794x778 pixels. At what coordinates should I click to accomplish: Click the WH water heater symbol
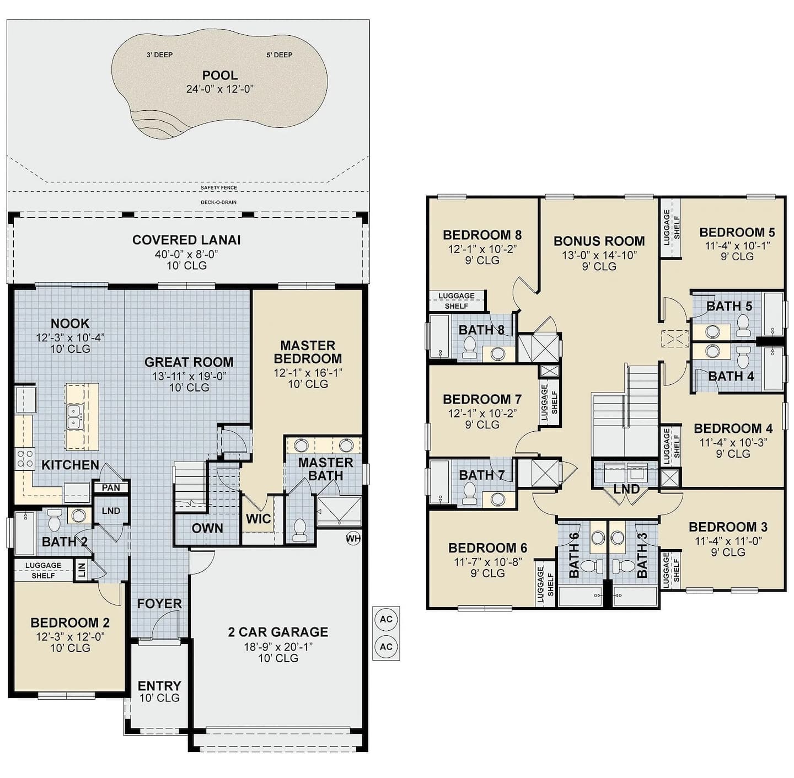(x=353, y=539)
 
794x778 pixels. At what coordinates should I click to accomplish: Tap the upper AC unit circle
(x=385, y=619)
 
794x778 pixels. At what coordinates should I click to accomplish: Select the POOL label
(x=220, y=76)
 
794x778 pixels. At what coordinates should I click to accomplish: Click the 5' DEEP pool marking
(x=280, y=55)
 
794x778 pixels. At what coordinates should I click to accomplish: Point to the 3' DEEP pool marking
(x=159, y=55)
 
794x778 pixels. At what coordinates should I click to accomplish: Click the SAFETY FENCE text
(x=219, y=187)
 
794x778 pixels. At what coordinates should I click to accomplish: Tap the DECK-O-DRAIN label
(x=219, y=202)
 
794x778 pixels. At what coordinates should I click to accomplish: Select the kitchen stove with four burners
(x=25, y=459)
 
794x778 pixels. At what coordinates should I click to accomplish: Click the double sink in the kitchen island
(x=73, y=417)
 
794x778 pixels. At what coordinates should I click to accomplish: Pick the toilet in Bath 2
(x=55, y=519)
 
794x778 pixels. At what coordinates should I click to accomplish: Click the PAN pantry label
(x=111, y=488)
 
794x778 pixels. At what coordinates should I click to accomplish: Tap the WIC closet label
(x=259, y=518)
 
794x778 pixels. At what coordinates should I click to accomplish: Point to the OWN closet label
(x=207, y=528)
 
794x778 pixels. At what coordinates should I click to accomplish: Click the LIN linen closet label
(x=82, y=570)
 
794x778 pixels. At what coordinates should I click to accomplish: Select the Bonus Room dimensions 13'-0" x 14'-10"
(x=599, y=255)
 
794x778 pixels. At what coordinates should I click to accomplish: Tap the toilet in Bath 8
(x=469, y=347)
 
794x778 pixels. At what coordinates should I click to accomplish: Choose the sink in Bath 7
(x=498, y=499)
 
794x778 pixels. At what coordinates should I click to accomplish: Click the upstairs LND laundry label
(x=626, y=489)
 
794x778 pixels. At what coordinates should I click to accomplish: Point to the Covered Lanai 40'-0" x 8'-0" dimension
(x=186, y=254)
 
